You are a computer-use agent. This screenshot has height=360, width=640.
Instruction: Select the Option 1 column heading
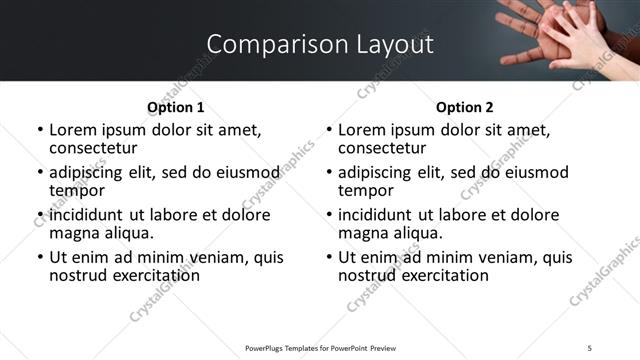pos(175,107)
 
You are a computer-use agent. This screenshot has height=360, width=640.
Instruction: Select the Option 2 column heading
pos(464,107)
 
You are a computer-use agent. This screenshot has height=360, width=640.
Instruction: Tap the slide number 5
pos(589,347)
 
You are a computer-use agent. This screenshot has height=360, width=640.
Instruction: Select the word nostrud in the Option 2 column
pos(365,274)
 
